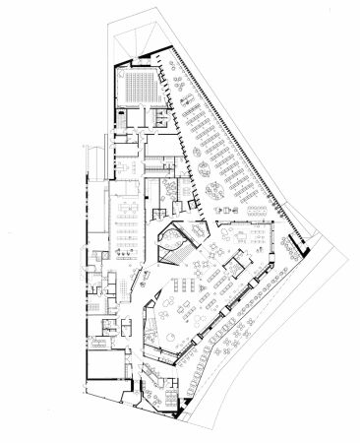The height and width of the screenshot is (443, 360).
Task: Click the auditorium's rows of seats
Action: tap(142, 84)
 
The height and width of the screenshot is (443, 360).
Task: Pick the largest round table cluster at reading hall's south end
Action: tap(211, 184)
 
